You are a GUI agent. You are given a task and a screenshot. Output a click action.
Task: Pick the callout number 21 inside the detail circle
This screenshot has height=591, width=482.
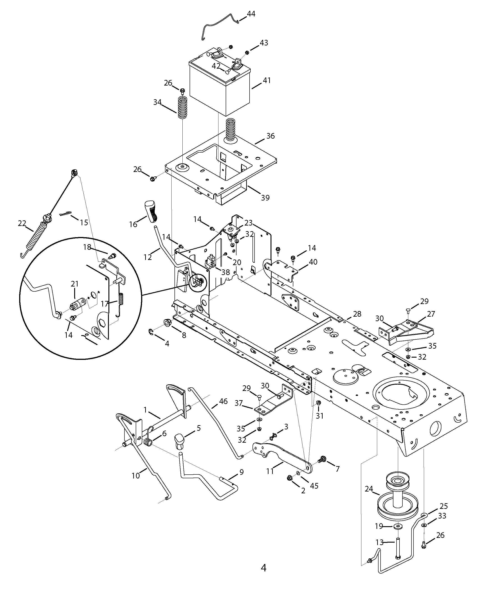click(x=74, y=284)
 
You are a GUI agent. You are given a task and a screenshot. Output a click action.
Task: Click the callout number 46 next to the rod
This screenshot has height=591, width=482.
click(x=223, y=401)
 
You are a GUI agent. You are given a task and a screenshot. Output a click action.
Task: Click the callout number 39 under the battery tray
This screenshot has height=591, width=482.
click(x=265, y=198)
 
